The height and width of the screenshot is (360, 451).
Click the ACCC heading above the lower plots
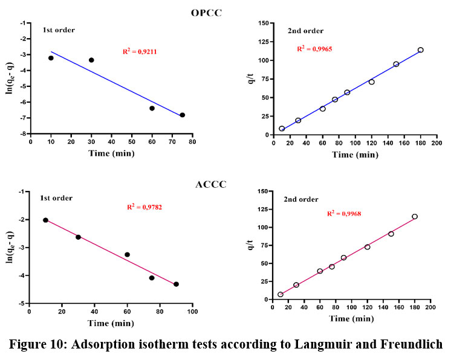[210, 184]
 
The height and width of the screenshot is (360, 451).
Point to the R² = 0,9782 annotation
[144, 207]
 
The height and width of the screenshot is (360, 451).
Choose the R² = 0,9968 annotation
[344, 213]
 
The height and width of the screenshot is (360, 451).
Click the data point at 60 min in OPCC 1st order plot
[152, 108]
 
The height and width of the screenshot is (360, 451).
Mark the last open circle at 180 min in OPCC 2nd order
[420, 50]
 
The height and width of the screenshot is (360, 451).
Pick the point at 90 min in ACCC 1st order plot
[176, 284]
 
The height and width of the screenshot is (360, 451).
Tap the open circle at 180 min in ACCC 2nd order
[415, 216]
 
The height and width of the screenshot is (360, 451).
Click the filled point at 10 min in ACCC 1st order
[45, 220]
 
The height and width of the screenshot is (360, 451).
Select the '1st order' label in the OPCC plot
[59, 30]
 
